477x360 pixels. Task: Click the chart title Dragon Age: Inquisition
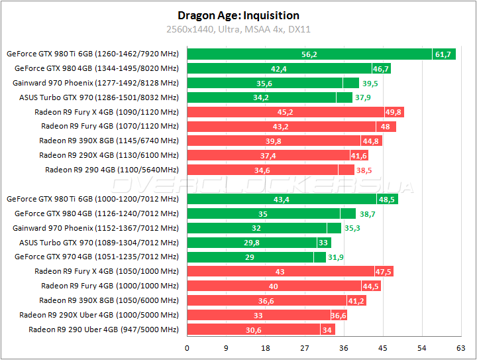(x=238, y=15)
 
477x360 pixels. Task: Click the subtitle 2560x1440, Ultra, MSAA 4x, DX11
(x=238, y=30)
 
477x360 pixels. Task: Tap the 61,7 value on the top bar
(x=443, y=54)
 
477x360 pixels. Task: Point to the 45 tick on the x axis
(x=383, y=347)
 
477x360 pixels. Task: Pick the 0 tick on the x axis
(x=187, y=347)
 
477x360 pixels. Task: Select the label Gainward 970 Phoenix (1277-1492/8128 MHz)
(x=95, y=83)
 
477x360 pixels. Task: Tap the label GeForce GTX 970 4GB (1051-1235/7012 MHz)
(x=97, y=257)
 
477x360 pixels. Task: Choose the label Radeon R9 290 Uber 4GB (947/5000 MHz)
(x=103, y=330)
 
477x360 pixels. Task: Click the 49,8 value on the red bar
(x=394, y=112)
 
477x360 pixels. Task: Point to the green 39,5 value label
(x=370, y=83)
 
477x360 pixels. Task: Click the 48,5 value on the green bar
(x=387, y=199)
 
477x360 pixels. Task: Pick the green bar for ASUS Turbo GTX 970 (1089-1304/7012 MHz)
(x=252, y=242)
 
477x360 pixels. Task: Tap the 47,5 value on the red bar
(x=384, y=271)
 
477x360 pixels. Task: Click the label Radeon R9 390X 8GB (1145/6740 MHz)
(x=109, y=141)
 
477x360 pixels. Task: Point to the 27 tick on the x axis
(x=305, y=347)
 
